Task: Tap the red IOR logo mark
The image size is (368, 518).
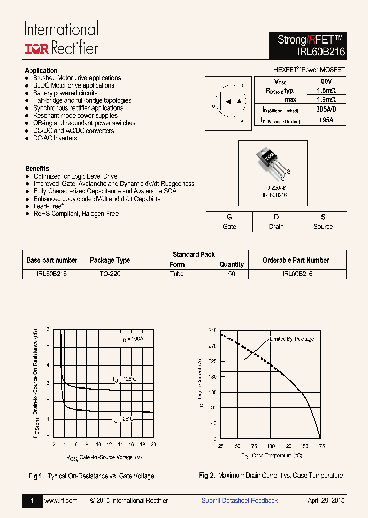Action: click(x=36, y=49)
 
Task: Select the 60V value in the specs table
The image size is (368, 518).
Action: click(x=326, y=82)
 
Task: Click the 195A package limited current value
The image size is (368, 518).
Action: click(x=326, y=120)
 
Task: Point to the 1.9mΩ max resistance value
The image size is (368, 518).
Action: click(x=326, y=99)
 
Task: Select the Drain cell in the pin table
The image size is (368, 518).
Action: click(x=276, y=226)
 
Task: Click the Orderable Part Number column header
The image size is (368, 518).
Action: click(x=297, y=260)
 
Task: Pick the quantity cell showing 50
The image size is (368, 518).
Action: click(x=232, y=274)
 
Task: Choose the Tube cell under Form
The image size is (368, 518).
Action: click(x=177, y=274)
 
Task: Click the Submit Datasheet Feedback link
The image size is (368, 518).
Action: click(x=239, y=501)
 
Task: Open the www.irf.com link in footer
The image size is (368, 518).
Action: click(x=61, y=501)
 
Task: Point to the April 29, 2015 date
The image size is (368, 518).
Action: click(x=326, y=501)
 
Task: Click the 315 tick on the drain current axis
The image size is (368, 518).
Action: click(x=212, y=331)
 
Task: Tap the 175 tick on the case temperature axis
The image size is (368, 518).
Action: click(x=320, y=446)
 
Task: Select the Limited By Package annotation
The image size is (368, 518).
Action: click(x=292, y=339)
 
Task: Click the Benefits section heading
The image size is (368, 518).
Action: click(x=37, y=168)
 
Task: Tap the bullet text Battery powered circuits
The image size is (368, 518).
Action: click(x=65, y=93)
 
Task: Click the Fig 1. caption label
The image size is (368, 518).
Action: click(x=36, y=476)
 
